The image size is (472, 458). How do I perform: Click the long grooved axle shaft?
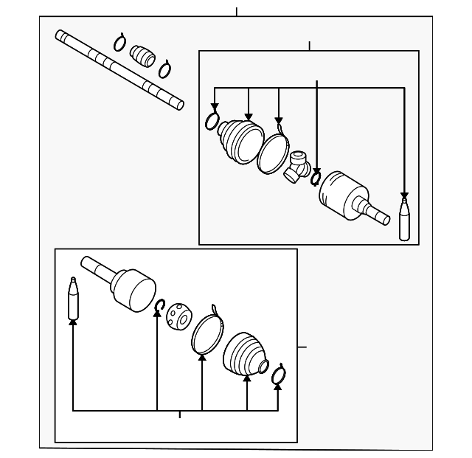click(x=118, y=69)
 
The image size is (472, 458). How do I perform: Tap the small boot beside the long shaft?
click(x=142, y=55)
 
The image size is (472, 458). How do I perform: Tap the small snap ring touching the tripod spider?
click(x=316, y=178)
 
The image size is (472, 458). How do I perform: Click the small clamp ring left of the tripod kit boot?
click(x=213, y=121)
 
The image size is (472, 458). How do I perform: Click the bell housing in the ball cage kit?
click(x=133, y=288)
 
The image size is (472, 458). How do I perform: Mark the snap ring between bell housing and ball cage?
click(x=159, y=305)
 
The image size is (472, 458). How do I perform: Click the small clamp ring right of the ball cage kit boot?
click(x=278, y=375)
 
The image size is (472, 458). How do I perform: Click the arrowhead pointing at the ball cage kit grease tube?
click(x=73, y=323)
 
